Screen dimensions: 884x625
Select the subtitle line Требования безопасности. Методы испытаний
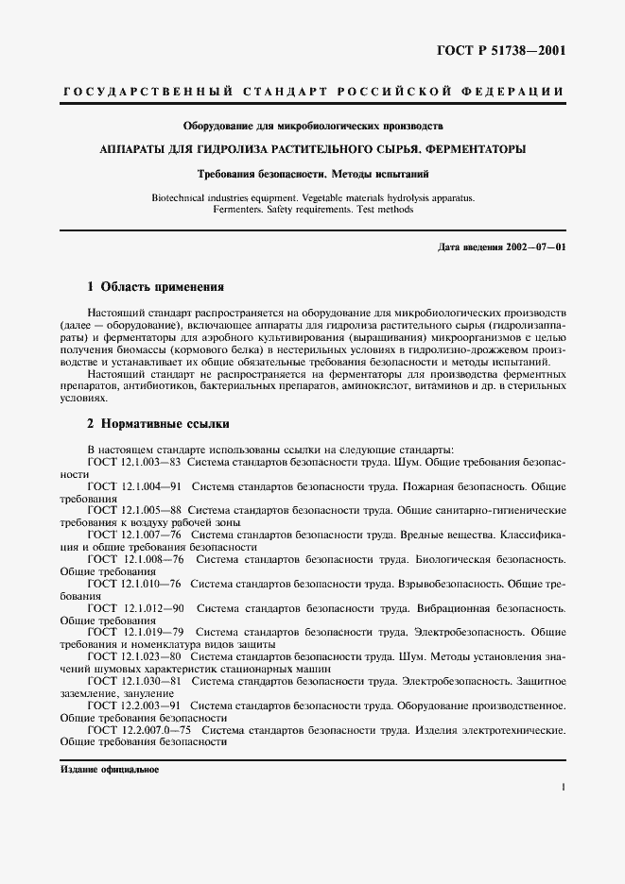pos(313,174)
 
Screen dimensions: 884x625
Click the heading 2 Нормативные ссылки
pos(158,424)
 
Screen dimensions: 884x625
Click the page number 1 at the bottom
pos(563,786)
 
